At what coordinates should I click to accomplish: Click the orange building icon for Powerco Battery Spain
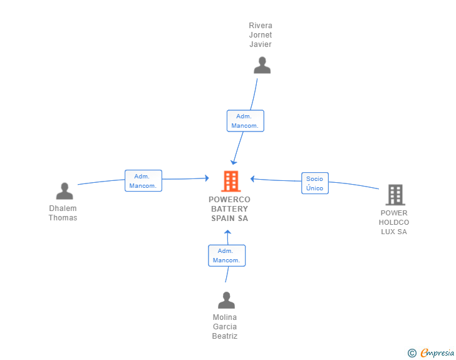[x=231, y=181]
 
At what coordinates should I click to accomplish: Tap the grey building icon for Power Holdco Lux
[x=395, y=195]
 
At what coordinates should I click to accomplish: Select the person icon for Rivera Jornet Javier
[x=262, y=65]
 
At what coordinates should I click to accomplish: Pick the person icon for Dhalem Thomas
[x=65, y=191]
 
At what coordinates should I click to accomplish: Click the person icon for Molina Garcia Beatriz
[x=226, y=300]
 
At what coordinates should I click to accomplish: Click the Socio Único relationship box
[x=315, y=183]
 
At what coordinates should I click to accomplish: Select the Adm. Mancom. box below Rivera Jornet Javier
[x=246, y=121]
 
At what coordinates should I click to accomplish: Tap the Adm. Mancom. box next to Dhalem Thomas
[x=143, y=180]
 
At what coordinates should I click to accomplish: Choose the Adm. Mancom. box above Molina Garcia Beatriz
[x=227, y=255]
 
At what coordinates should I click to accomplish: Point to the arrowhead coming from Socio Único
[x=252, y=179]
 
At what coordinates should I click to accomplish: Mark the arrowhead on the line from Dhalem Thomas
[x=207, y=178]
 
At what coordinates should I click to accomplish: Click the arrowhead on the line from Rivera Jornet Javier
[x=233, y=162]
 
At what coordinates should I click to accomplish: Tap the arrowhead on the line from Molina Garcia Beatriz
[x=228, y=232]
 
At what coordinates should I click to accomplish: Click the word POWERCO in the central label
[x=229, y=200]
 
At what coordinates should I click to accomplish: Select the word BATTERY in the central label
[x=229, y=208]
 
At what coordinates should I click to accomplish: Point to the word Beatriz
[x=225, y=336]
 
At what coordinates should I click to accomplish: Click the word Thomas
[x=63, y=217]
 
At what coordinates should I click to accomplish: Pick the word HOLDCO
[x=394, y=222]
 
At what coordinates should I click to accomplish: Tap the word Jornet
[x=261, y=35]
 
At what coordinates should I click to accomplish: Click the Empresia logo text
[x=437, y=352]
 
